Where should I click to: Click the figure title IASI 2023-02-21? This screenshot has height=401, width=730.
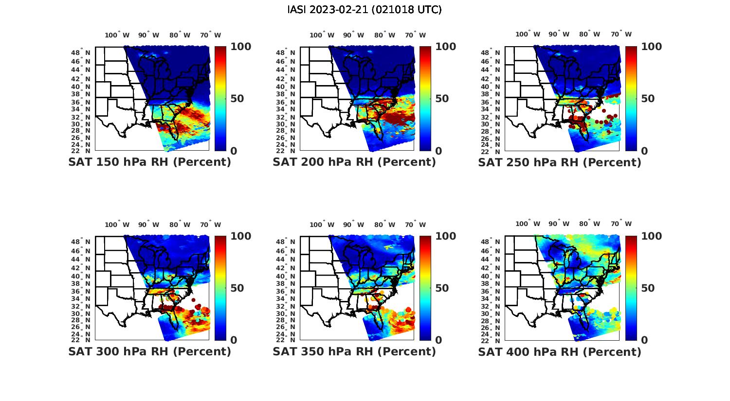(x=365, y=10)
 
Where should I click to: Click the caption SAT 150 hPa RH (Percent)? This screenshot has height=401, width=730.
(x=149, y=162)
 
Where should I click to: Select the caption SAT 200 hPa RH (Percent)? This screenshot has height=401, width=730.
(x=354, y=162)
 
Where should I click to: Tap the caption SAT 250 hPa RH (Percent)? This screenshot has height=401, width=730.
(x=560, y=162)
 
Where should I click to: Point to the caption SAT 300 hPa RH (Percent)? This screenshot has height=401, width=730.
(x=149, y=351)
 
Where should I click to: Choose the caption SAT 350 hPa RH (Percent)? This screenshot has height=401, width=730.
(x=354, y=351)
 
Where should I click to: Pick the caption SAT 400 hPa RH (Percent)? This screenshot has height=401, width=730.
(x=560, y=351)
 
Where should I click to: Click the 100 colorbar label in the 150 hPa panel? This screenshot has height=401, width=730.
(x=240, y=47)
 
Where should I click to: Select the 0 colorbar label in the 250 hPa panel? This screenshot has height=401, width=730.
(x=644, y=151)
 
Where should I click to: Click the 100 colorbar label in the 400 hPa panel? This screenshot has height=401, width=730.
(x=652, y=236)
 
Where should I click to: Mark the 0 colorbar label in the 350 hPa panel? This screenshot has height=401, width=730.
(x=438, y=340)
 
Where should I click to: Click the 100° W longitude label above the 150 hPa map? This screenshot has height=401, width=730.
(x=117, y=35)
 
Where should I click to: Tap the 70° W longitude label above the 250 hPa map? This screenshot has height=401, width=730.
(x=621, y=34)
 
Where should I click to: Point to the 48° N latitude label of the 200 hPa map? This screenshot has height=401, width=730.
(x=285, y=52)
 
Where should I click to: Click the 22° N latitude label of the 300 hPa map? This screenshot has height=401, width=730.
(x=80, y=339)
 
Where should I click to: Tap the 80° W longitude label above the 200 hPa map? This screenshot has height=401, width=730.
(x=384, y=35)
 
